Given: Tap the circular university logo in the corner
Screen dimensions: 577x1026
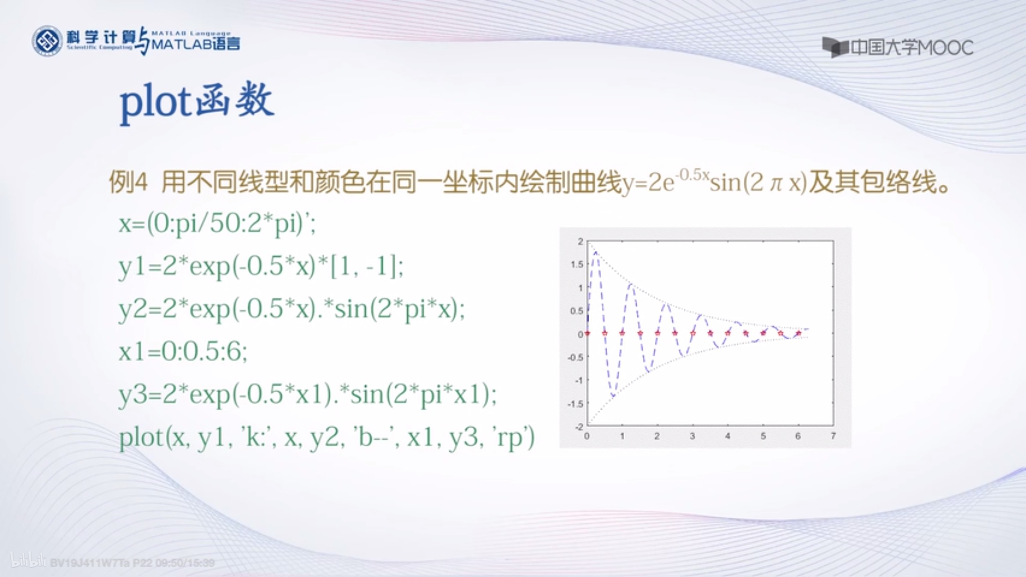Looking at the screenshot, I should click(x=47, y=41).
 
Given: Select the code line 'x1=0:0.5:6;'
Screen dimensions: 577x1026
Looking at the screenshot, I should click(x=183, y=352).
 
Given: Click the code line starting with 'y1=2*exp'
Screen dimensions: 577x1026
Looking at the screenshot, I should click(x=261, y=265).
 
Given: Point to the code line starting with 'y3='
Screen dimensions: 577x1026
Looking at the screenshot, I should click(x=307, y=395).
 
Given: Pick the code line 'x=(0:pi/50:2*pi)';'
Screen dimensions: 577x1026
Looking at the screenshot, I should click(x=217, y=223).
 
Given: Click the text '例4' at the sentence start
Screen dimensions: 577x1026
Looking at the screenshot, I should click(x=128, y=182).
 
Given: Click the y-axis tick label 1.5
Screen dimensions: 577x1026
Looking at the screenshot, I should click(x=577, y=264).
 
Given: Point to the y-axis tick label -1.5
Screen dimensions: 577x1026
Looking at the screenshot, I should click(x=576, y=404).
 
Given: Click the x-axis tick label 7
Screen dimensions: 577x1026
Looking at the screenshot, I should click(x=833, y=436).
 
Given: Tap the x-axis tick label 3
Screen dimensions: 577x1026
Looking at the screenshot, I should click(x=692, y=436).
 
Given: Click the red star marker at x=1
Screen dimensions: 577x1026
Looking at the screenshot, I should click(x=622, y=333).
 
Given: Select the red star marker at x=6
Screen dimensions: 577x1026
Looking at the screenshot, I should click(x=799, y=333).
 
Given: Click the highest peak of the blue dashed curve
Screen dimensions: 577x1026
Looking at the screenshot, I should click(x=596, y=252).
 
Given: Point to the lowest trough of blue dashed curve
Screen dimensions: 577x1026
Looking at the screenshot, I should click(x=613, y=396).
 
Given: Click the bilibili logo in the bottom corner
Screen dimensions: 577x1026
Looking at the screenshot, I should click(x=28, y=561).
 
